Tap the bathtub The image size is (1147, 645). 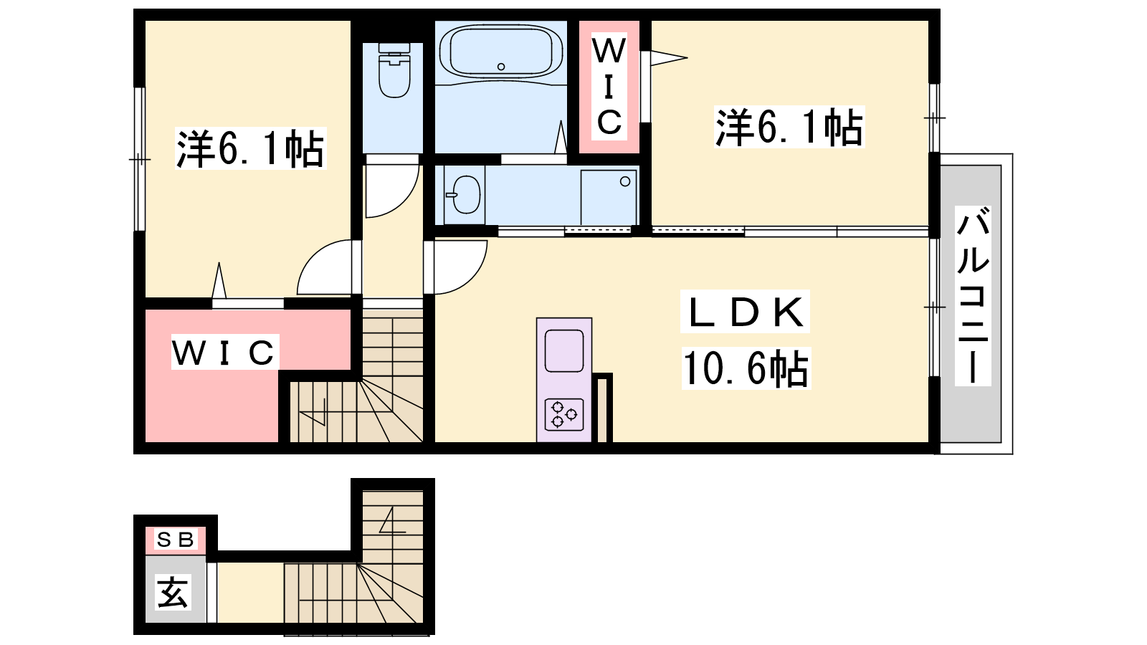(501, 51)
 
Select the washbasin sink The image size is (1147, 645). (465, 194)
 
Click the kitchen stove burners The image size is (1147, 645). (563, 414)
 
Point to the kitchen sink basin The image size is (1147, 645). (564, 350)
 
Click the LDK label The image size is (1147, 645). (745, 312)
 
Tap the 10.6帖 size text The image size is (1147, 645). (746, 368)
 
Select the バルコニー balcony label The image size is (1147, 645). (973, 295)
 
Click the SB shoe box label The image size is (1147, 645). (175, 539)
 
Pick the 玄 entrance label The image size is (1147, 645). (173, 592)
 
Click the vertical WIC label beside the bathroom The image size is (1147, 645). (609, 87)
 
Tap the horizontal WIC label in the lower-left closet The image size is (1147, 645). (224, 352)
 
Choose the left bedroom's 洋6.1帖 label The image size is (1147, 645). (250, 148)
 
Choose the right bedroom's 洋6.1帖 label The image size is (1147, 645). (789, 127)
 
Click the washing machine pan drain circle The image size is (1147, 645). (624, 181)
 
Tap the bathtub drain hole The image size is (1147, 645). (501, 67)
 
